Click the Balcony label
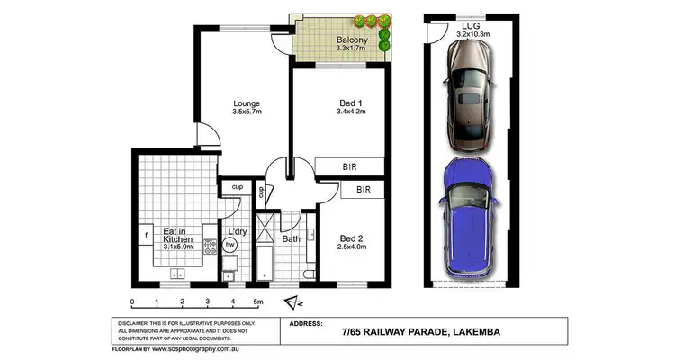tap(349, 40)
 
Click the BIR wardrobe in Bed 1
tap(350, 167)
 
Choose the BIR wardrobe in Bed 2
tap(364, 190)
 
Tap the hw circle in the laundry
tap(231, 244)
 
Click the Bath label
tap(290, 239)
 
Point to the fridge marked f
tap(146, 236)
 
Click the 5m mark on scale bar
tap(258, 302)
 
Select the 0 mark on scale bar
tap(132, 302)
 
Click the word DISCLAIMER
tap(133, 322)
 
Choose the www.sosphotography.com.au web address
tap(198, 348)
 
